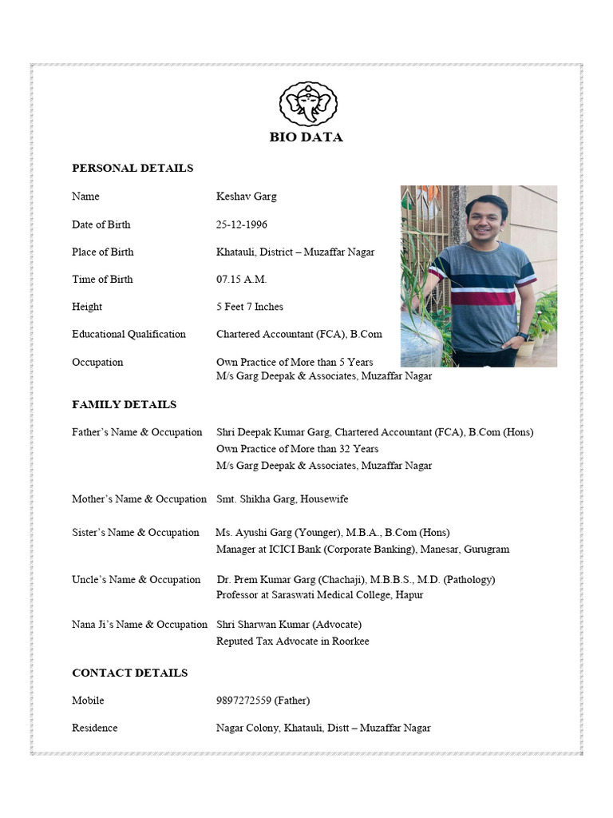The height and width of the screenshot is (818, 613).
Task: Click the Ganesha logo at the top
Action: pos(308,105)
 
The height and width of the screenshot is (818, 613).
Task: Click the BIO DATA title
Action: pos(306,137)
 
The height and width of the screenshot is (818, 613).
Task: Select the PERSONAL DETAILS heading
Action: pos(132,169)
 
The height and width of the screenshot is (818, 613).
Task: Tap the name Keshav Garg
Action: pos(247,197)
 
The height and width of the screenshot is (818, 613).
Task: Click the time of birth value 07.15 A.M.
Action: pos(241,280)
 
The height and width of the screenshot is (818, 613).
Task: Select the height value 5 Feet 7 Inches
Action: pos(249,307)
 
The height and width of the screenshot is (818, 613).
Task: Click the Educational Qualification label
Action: pos(129,335)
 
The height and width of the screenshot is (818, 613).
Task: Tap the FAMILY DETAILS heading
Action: pos(125,405)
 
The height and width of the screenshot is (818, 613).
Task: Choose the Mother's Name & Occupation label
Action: pos(139,499)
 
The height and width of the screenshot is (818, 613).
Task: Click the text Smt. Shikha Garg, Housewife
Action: pos(282,499)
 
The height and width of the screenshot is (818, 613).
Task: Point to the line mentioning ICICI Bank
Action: pos(362,550)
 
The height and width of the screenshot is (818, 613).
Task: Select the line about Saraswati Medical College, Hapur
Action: pos(319,595)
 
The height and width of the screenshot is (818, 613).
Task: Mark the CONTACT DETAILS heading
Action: pos(130,673)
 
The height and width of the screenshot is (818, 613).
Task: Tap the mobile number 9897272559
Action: pos(243,701)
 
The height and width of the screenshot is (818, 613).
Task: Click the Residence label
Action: pos(94,728)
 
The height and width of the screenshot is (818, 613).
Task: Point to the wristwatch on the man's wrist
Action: pos(521,336)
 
